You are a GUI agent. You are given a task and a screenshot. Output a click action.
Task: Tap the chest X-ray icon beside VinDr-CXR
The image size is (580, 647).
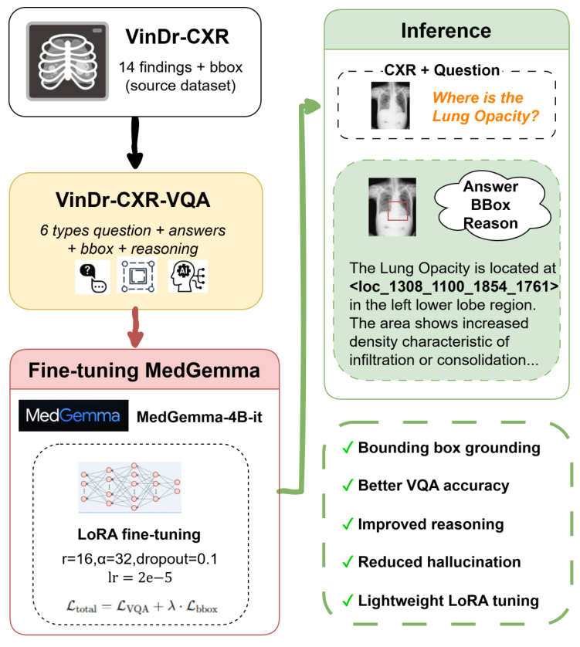(x=64, y=62)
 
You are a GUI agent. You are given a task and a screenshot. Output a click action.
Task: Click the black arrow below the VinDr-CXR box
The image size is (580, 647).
(x=134, y=146)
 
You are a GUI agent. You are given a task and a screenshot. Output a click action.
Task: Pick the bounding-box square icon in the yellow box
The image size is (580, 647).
(x=137, y=275)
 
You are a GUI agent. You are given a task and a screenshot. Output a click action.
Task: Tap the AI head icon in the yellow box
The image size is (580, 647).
(x=188, y=275)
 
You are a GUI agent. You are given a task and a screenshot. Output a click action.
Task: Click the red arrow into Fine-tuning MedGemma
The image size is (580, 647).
(x=134, y=327)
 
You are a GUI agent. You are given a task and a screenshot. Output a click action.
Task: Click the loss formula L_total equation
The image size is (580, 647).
(x=140, y=607)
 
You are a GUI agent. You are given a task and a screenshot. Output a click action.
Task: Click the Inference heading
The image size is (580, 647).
(x=446, y=31)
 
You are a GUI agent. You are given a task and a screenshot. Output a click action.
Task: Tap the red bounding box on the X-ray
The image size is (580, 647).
(x=398, y=210)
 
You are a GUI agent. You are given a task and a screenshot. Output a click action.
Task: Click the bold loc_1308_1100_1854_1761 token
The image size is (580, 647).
(x=443, y=286)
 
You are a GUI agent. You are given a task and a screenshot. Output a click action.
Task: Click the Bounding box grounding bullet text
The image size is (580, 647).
(x=449, y=449)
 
